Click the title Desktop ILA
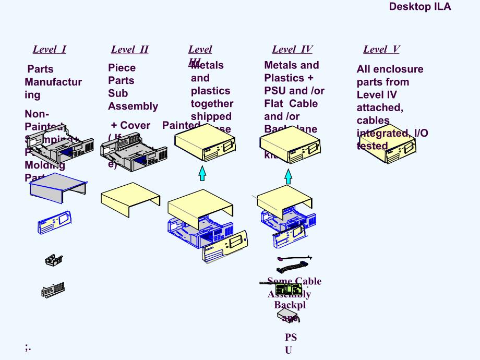(x=419, y=7)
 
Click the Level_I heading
(x=49, y=50)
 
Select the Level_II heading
(x=129, y=50)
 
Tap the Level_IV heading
(x=292, y=50)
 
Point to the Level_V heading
(x=381, y=50)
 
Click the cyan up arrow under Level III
(x=202, y=172)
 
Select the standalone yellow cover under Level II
(x=130, y=199)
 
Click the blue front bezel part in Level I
(x=54, y=221)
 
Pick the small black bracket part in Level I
(x=54, y=259)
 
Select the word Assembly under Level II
(x=133, y=106)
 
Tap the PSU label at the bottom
(x=290, y=344)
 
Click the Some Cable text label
(x=294, y=281)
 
